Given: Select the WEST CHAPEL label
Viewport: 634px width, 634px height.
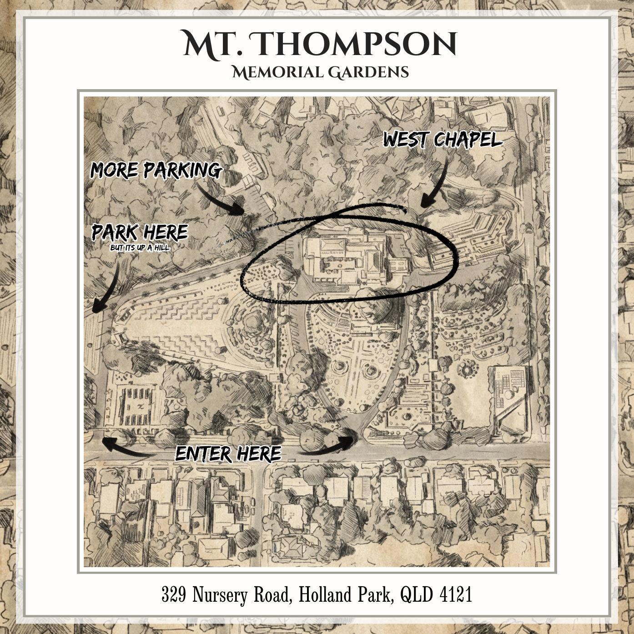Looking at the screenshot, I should pyautogui.click(x=442, y=140).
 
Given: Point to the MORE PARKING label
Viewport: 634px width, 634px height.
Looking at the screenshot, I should pyautogui.click(x=156, y=170).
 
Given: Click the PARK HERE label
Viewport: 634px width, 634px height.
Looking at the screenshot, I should pyautogui.click(x=140, y=232).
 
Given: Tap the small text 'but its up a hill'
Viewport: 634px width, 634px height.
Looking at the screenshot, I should pyautogui.click(x=140, y=248).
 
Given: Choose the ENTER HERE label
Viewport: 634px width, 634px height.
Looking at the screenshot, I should pyautogui.click(x=228, y=453).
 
